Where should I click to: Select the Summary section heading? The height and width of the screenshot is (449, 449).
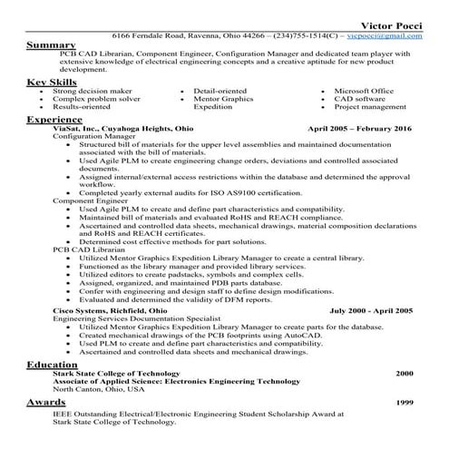pos(51,44)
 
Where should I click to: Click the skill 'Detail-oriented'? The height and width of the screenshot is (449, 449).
pos(223,92)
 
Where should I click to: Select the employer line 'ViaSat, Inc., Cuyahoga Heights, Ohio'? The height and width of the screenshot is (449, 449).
pos(122,129)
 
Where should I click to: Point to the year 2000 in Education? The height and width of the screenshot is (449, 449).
pos(404,373)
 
